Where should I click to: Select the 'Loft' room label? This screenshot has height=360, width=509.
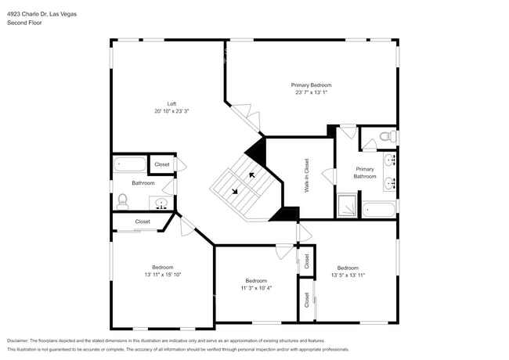click(171, 103)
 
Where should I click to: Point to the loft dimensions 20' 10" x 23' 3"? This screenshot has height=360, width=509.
click(171, 111)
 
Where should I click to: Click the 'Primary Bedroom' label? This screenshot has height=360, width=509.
click(311, 85)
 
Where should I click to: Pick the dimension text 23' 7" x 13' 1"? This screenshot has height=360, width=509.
click(311, 92)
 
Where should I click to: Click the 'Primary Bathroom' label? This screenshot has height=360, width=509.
click(365, 172)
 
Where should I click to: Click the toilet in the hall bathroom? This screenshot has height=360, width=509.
click(122, 201)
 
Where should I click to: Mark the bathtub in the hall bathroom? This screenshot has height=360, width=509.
click(130, 165)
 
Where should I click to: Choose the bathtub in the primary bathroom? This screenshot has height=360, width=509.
click(379, 209)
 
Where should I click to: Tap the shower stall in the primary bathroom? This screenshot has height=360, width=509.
click(348, 206)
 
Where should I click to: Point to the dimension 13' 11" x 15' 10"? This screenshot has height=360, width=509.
click(163, 275)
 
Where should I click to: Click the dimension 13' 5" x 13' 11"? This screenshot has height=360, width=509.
click(348, 275)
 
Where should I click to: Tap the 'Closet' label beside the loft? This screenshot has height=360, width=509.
click(162, 164)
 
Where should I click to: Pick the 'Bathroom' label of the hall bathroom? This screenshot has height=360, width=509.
click(143, 183)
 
